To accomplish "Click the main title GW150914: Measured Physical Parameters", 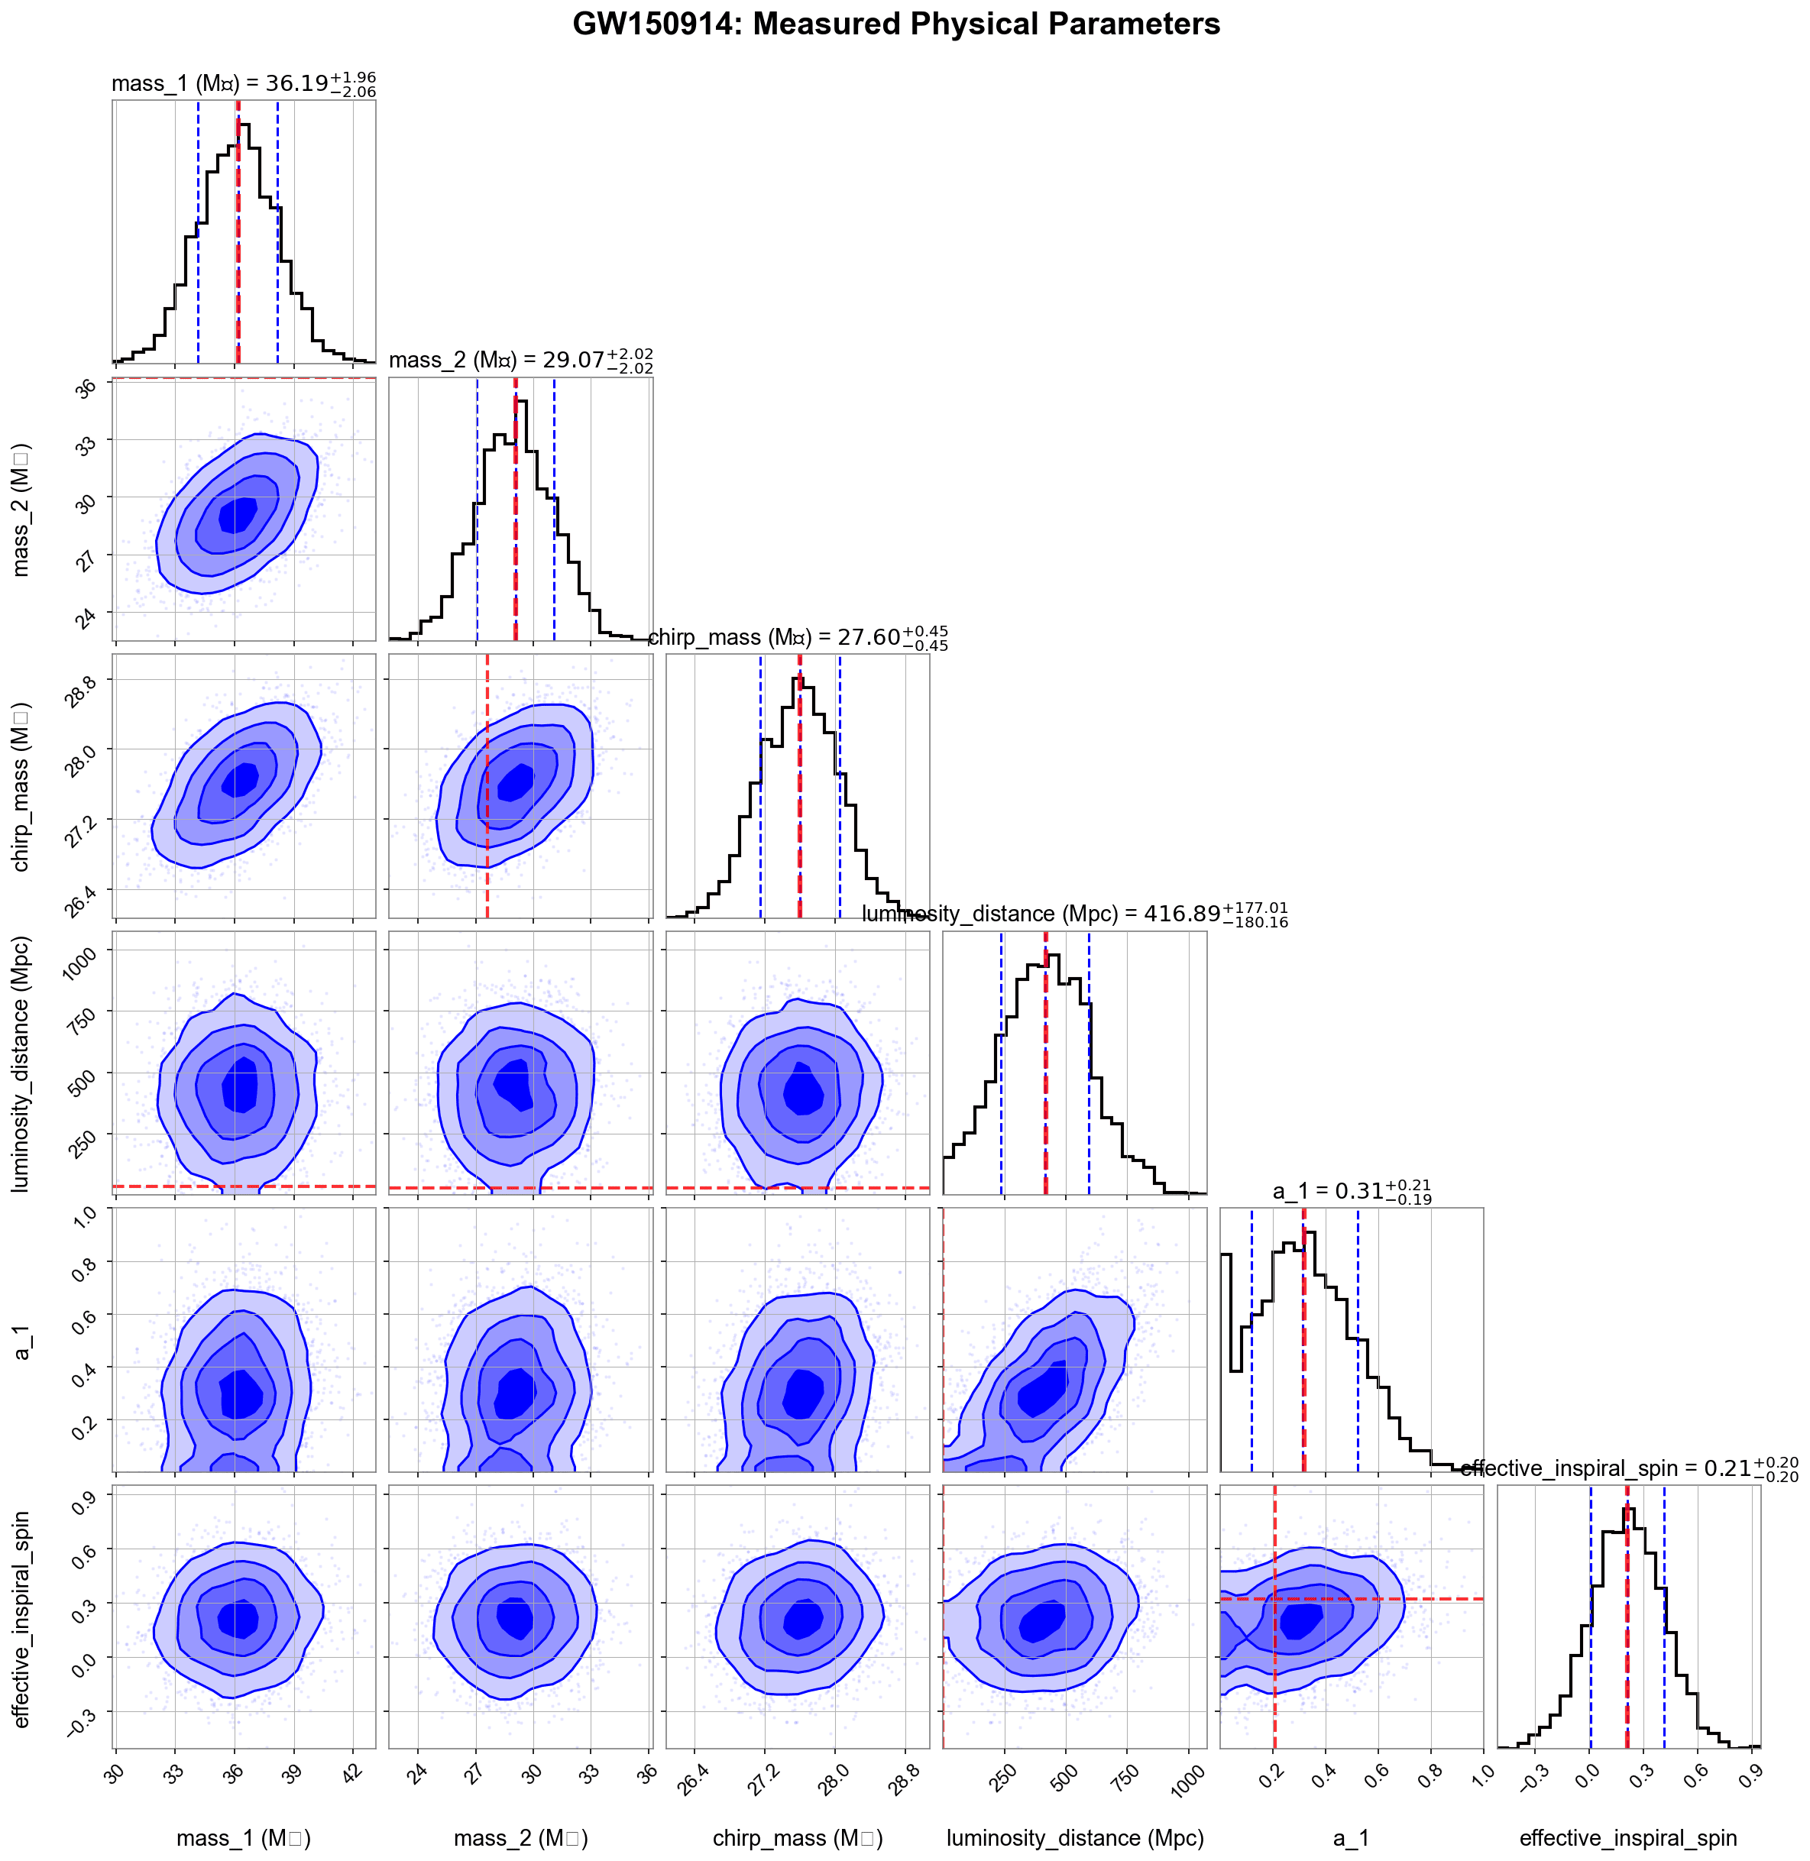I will [x=895, y=24].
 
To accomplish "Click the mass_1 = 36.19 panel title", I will [x=244, y=83].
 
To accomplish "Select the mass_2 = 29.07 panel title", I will [x=520, y=361].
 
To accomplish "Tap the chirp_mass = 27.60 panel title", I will [x=798, y=637].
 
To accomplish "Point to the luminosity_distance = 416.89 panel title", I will [x=1074, y=914].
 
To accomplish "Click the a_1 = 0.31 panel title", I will [x=1351, y=1191].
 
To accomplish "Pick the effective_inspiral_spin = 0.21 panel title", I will [x=1628, y=1468].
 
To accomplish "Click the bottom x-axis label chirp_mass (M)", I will [x=798, y=1838].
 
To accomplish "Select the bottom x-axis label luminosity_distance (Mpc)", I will [x=1074, y=1838].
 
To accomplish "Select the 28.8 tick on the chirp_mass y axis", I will [x=80, y=693].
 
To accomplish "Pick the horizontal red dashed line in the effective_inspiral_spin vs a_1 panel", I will [x=1426, y=1599].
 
